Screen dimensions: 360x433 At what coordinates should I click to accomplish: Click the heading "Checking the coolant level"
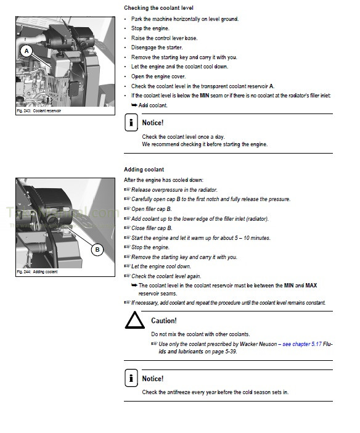[158, 8]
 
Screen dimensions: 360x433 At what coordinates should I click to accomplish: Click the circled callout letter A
[27, 51]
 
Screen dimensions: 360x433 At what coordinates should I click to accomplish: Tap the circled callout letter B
[97, 250]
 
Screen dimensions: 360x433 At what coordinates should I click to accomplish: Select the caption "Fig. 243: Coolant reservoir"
[39, 111]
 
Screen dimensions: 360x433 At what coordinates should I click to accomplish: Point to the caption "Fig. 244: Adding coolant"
[37, 272]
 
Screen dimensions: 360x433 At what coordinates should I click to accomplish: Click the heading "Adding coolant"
[144, 170]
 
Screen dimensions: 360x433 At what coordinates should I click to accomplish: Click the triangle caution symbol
[135, 320]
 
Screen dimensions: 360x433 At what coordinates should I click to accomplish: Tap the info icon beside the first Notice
[131, 122]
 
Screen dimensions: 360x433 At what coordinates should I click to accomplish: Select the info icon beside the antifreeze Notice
[131, 377]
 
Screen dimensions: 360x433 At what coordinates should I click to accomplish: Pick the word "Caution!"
[164, 321]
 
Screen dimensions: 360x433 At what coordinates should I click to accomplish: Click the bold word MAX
[311, 286]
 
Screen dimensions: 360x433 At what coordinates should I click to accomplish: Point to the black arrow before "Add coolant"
[134, 105]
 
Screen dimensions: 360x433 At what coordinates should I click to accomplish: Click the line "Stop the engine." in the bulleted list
[150, 28]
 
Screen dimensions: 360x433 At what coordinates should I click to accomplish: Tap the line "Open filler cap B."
[152, 209]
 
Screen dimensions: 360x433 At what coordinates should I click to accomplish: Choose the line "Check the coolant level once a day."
[183, 137]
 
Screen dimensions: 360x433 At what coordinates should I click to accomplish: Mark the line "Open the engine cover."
[158, 76]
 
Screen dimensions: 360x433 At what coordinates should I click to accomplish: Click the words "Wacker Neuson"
[258, 344]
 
